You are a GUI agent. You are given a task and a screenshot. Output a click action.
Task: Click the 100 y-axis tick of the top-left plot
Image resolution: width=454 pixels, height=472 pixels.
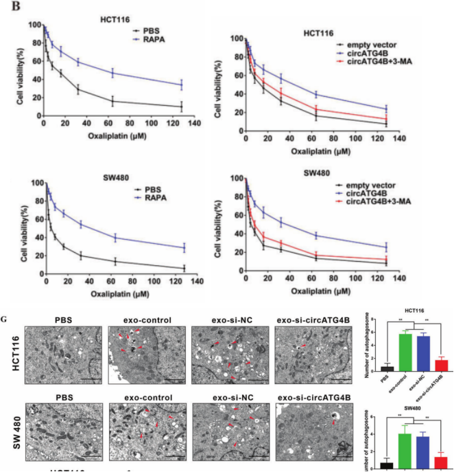click(x=34, y=25)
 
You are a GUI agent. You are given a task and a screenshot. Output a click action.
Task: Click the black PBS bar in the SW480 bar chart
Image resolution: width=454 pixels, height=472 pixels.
click(x=387, y=464)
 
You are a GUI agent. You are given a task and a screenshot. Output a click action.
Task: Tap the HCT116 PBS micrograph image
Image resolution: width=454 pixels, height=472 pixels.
click(x=64, y=355)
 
